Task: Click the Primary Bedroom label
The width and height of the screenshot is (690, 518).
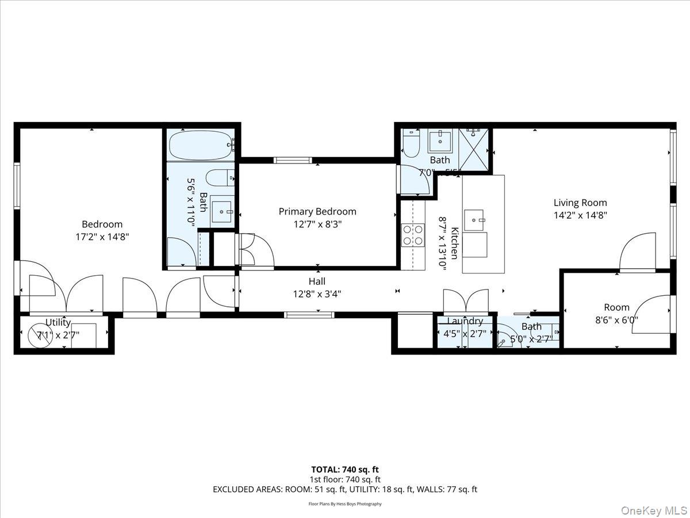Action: point(317,211)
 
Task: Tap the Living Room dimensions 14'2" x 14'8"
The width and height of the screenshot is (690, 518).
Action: point(580,216)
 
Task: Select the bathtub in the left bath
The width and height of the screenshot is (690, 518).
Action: point(201,145)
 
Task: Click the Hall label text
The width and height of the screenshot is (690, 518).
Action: point(317,281)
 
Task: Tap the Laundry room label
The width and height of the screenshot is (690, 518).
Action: point(465,321)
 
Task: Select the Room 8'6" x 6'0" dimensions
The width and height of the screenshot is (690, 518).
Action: point(616,321)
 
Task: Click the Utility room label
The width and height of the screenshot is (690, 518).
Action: point(58,322)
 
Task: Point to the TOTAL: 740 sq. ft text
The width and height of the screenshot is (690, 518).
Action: point(345,470)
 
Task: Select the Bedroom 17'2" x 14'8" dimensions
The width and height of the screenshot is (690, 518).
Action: point(102,236)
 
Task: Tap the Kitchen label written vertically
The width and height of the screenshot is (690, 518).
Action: point(454,243)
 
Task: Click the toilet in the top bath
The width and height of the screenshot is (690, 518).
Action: point(411,145)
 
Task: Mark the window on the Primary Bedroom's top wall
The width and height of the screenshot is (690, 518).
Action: point(293,160)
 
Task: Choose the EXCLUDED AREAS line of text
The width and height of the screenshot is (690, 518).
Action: point(345,489)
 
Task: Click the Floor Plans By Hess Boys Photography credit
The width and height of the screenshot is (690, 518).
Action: point(345,504)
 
